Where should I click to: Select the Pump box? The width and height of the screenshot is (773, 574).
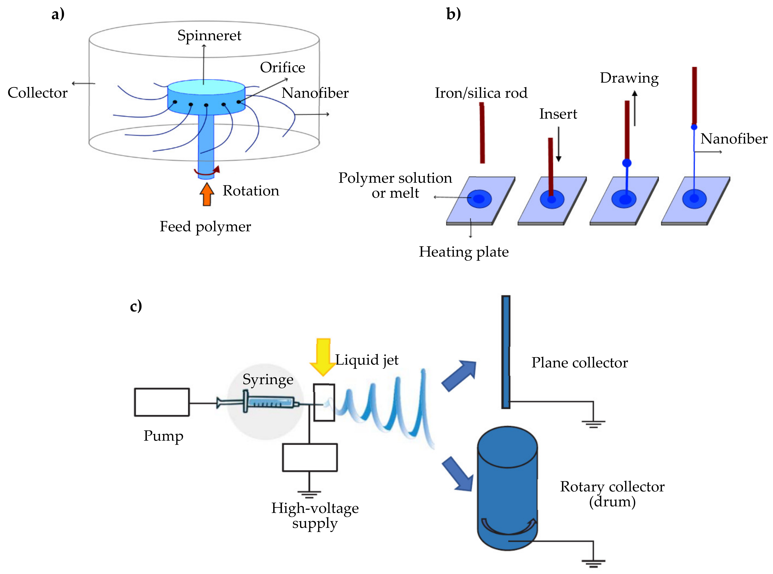pyautogui.click(x=162, y=402)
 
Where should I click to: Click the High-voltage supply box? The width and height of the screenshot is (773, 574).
pyautogui.click(x=309, y=457)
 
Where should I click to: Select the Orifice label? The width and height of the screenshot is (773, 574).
pyautogui.click(x=282, y=67)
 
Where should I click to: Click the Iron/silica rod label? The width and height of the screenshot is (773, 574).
pyautogui.click(x=481, y=93)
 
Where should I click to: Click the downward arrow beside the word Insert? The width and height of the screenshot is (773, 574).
pyautogui.click(x=558, y=144)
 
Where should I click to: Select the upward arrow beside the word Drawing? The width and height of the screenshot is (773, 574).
pyautogui.click(x=635, y=108)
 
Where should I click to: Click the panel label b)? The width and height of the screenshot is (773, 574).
pyautogui.click(x=453, y=14)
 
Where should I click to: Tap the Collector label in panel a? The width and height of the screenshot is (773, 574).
pyautogui.click(x=38, y=93)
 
